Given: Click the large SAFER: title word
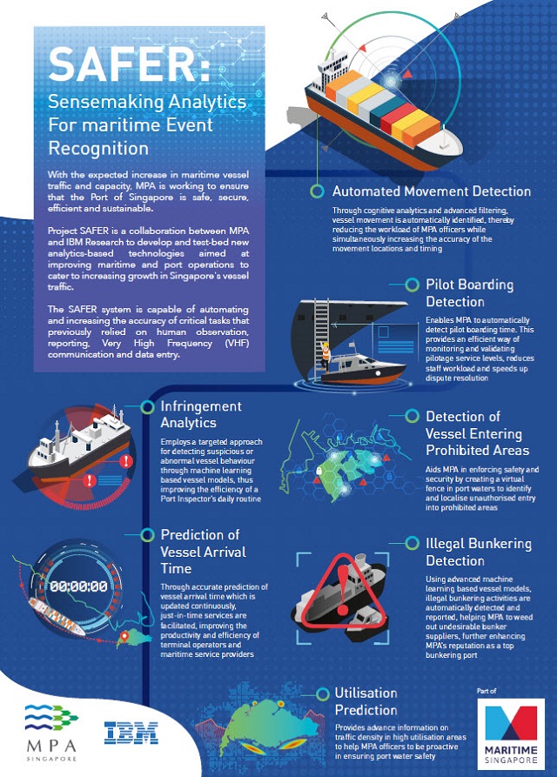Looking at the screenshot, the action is pyautogui.click(x=129, y=64).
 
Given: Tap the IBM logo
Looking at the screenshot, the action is pyautogui.click(x=131, y=733).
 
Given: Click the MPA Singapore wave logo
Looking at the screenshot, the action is pyautogui.click(x=51, y=717).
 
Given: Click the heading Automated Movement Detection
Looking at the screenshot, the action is pyautogui.click(x=432, y=191).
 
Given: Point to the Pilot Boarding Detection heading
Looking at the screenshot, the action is pyautogui.click(x=470, y=293).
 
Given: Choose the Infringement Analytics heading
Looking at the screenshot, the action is pyautogui.click(x=201, y=414).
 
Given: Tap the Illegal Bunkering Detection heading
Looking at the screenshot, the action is pyautogui.click(x=479, y=552).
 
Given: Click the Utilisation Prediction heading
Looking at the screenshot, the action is pyautogui.click(x=366, y=701).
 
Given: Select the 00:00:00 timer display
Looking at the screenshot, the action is pyautogui.click(x=78, y=586).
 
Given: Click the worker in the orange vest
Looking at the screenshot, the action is pyautogui.click(x=325, y=356).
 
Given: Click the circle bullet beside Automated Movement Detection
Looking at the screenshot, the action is pyautogui.click(x=317, y=191).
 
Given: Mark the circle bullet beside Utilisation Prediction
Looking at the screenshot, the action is pyautogui.click(x=322, y=693).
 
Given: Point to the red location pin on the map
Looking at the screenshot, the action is pyautogui.click(x=124, y=636).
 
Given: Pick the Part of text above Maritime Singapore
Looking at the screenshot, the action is pyautogui.click(x=487, y=690).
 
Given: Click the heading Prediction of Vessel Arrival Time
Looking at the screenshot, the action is pyautogui.click(x=203, y=552).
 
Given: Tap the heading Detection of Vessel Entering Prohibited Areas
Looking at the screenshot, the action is pyautogui.click(x=478, y=433).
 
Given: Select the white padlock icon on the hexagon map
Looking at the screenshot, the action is pyautogui.click(x=319, y=469).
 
